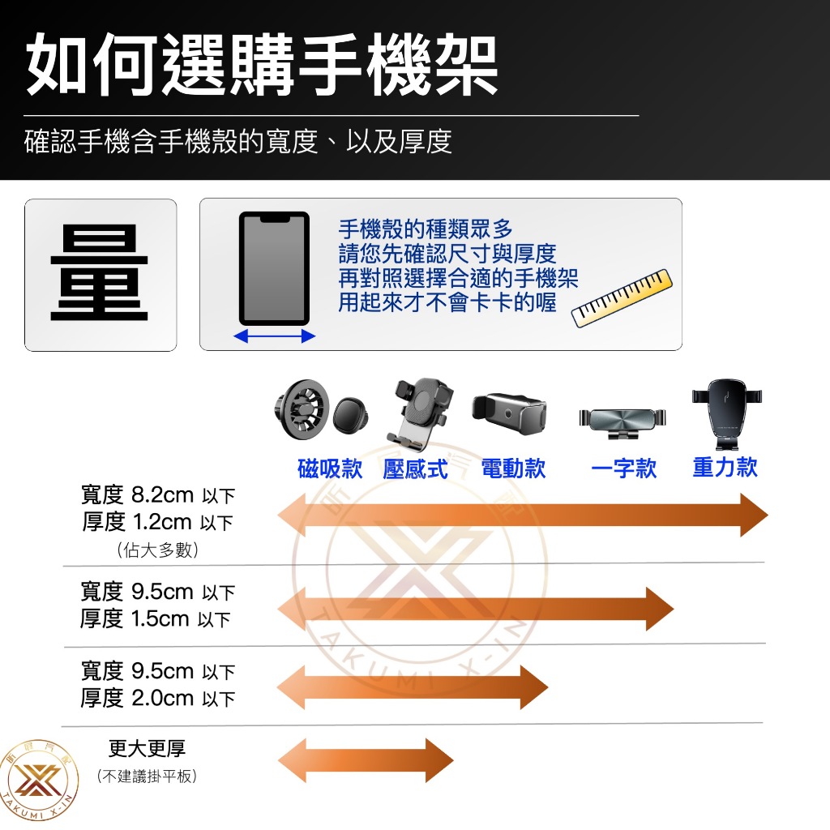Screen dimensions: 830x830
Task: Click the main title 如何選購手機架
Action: (x=262, y=64)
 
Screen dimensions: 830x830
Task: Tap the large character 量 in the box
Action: (x=99, y=273)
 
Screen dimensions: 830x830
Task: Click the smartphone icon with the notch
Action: (x=274, y=268)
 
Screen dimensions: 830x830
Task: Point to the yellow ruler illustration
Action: (x=622, y=298)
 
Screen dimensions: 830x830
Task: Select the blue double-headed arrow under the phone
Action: (x=274, y=336)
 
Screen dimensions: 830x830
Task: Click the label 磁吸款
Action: (x=330, y=468)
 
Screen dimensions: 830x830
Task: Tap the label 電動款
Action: (x=513, y=468)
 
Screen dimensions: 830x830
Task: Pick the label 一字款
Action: (x=623, y=468)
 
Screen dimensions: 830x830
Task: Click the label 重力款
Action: (x=725, y=468)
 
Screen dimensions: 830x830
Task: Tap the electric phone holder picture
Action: (x=509, y=413)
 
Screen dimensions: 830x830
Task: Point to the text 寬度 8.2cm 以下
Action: (x=158, y=495)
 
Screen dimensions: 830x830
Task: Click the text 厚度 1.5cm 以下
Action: (x=156, y=618)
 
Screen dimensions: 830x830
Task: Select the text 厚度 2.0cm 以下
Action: (x=158, y=698)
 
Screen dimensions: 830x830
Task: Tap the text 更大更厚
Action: (x=148, y=748)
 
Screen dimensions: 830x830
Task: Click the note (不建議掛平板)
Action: (x=148, y=776)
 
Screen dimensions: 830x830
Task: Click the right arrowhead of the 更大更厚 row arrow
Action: (x=439, y=760)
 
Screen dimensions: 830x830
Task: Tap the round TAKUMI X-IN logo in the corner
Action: (x=38, y=781)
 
